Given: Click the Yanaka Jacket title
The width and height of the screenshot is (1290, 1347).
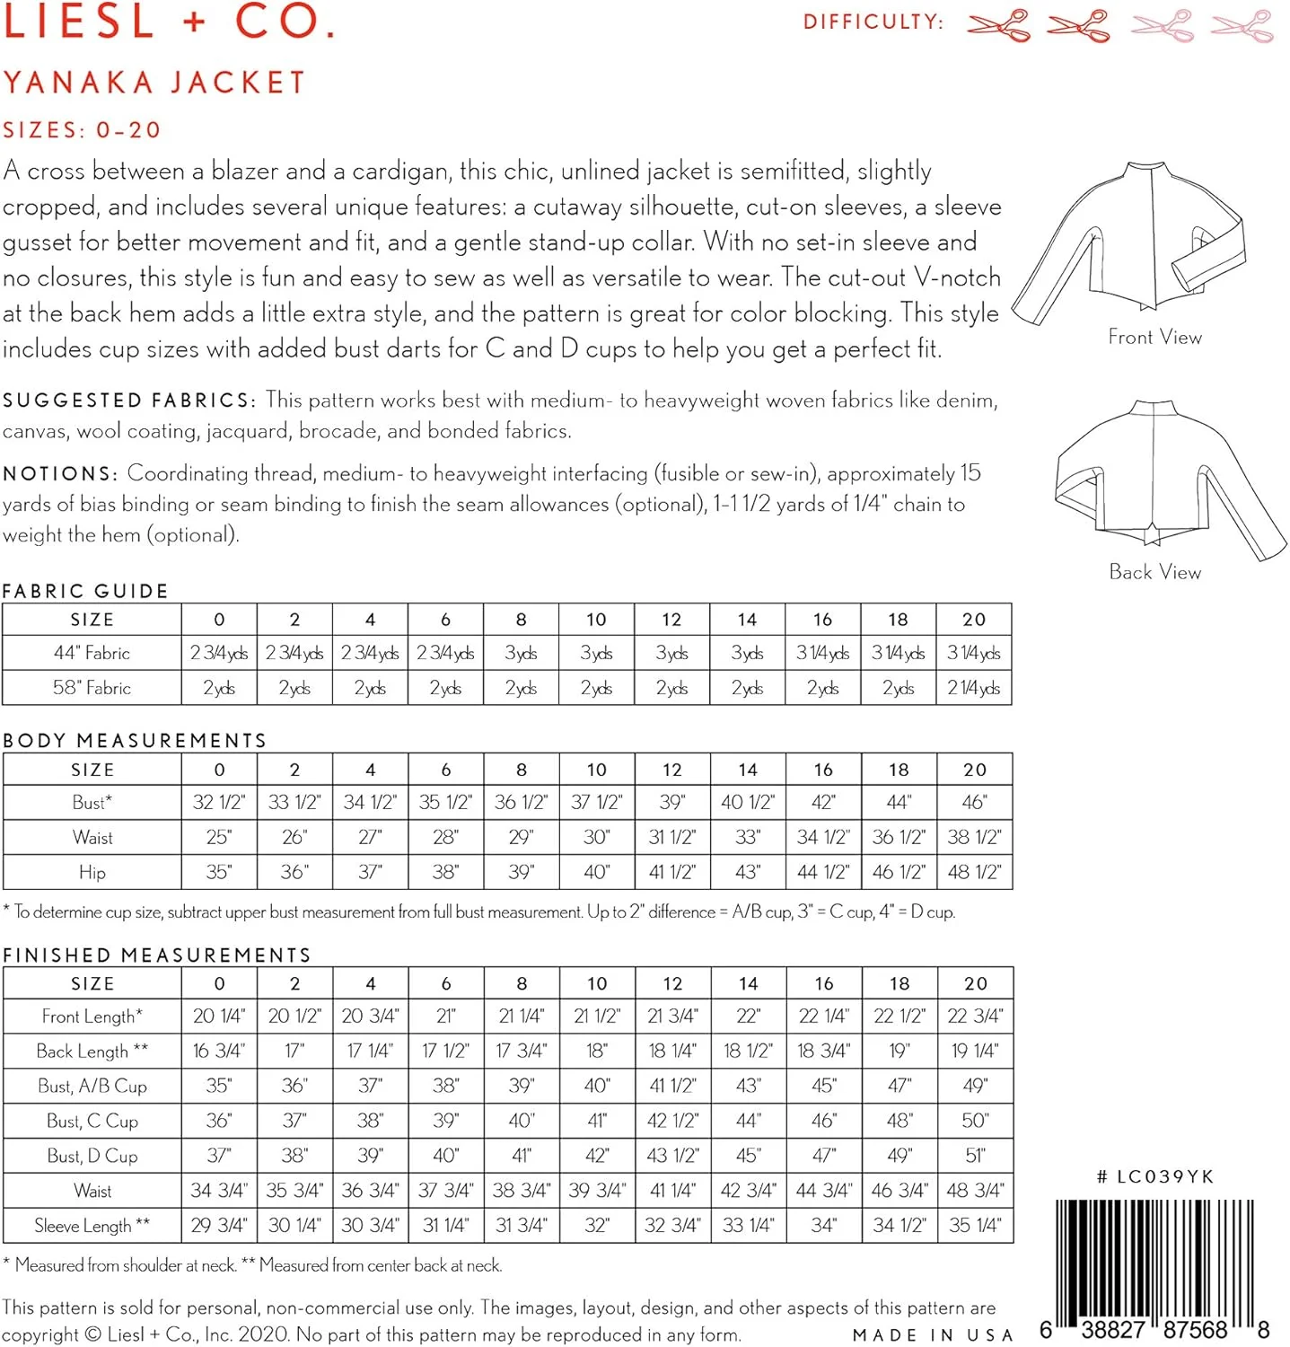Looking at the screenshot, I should click(154, 83).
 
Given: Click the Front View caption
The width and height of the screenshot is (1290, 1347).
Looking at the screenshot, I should click(1154, 338).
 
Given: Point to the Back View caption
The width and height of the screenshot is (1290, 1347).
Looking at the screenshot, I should click(1154, 572).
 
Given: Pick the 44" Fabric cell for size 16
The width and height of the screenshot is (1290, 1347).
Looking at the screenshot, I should click(822, 653).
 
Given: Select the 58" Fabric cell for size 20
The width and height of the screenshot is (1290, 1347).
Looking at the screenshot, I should click(973, 688).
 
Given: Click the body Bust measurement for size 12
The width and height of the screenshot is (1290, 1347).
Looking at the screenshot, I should click(671, 802).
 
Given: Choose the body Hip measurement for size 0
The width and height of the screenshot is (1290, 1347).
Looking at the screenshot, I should click(219, 872).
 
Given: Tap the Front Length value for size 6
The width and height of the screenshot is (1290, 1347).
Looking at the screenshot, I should click(446, 1016).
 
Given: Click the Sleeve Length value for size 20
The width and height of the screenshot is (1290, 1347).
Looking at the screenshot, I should click(975, 1225).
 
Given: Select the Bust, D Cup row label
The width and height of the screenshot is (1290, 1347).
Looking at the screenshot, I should click(92, 1156).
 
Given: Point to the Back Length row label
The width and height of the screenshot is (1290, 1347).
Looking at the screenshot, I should click(92, 1051).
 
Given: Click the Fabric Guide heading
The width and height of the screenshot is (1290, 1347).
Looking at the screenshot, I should click(85, 591).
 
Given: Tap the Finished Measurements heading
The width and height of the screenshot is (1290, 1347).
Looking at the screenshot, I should click(157, 955).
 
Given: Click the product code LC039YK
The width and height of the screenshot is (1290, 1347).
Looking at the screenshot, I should click(1155, 1176).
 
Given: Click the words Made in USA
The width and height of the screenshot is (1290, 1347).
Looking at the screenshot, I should click(933, 1335).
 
